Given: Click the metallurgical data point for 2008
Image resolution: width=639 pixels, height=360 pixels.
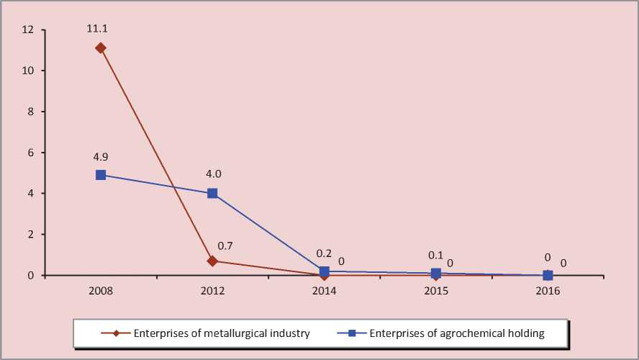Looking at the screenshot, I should click(101, 48).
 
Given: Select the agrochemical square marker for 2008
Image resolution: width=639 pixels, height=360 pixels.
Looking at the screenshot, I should click(101, 175).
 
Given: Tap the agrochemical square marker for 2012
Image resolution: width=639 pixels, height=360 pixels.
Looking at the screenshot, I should click(212, 193).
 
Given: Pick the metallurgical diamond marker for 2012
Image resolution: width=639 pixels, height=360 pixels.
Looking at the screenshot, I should click(212, 261).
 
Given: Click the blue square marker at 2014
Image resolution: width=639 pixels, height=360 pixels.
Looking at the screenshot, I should click(325, 271).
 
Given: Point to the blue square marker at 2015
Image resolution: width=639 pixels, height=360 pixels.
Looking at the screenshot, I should click(436, 274).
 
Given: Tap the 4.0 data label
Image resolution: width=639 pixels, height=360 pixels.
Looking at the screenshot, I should click(212, 174).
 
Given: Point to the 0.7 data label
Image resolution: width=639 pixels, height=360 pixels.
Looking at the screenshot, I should click(226, 246).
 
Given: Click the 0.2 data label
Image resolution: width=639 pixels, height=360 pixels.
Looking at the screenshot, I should click(324, 254).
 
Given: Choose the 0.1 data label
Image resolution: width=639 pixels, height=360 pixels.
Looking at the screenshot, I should click(436, 256).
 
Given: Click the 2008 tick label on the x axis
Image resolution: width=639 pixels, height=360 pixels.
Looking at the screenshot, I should click(101, 291).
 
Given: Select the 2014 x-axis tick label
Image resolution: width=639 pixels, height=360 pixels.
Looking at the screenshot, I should click(325, 291).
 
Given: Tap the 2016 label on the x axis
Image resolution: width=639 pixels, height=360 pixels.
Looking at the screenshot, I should click(548, 291).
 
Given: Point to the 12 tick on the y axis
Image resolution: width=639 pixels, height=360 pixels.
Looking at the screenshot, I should click(29, 30).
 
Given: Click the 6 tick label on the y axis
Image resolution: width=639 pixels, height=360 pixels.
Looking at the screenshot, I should click(32, 153).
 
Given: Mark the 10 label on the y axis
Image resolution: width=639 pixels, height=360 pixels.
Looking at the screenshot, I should click(29, 71).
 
